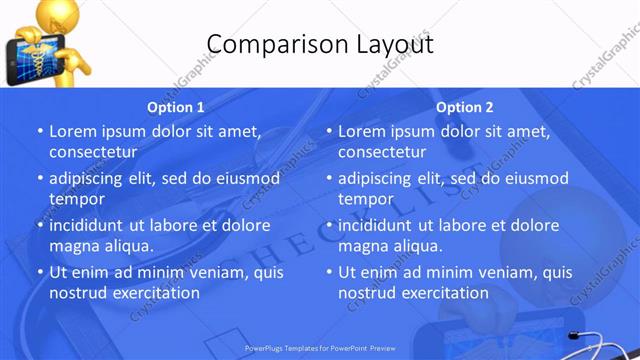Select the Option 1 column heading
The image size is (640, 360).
(x=176, y=107)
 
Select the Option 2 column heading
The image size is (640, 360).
(x=465, y=107)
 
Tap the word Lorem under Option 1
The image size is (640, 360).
(x=73, y=131)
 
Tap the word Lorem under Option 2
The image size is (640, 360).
(x=362, y=131)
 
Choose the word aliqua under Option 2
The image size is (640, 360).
(x=417, y=246)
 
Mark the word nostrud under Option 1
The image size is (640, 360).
(x=77, y=293)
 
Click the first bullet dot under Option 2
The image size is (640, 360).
(x=329, y=131)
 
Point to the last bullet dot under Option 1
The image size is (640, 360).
(x=40, y=272)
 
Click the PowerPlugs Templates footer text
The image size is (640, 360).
(x=320, y=350)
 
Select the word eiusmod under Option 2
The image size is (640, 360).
(x=534, y=178)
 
